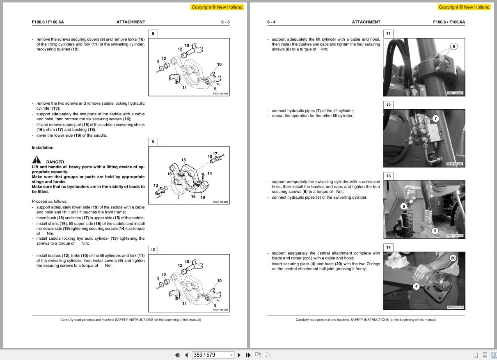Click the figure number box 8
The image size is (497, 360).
[x=153, y=34]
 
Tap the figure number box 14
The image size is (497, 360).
[x=388, y=247]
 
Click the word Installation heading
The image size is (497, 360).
[x=43, y=148]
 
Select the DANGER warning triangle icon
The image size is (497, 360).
[x=37, y=160]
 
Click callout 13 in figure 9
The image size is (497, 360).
[x=156, y=186]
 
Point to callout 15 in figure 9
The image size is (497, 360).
[x=183, y=160]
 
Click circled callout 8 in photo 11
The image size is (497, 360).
[x=453, y=46]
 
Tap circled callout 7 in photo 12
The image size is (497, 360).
[x=436, y=119]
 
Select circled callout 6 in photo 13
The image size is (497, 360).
[x=403, y=206]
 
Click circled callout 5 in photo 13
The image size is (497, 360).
[x=435, y=231]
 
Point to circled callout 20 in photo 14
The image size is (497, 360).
[x=453, y=258]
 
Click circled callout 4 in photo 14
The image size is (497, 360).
[x=416, y=287]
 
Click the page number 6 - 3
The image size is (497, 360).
[x=225, y=22]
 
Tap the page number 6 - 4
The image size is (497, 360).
[x=271, y=22]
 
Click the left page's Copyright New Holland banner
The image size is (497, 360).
[x=217, y=7]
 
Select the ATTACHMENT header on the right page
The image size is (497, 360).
[x=366, y=22]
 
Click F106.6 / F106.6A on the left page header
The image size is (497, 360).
[x=48, y=22]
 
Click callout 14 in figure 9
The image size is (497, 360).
[x=209, y=174]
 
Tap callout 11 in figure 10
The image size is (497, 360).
[x=184, y=304]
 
